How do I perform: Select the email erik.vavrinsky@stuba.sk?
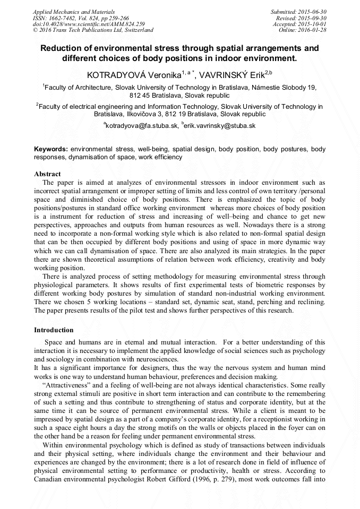220,126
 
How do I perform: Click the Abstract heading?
47,174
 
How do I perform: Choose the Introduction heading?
54,330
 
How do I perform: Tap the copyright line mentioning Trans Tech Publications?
93,30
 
